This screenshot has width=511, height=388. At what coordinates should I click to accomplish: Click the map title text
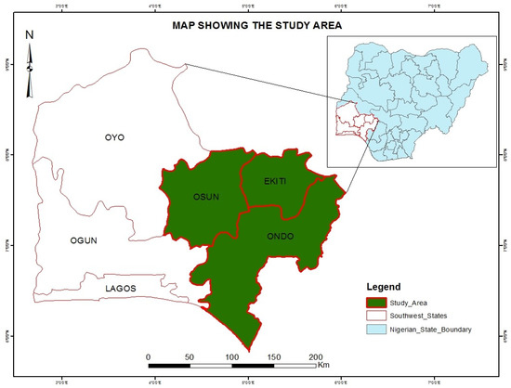257,26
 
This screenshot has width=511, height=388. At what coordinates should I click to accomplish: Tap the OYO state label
114,137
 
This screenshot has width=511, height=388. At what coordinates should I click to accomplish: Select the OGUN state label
84,240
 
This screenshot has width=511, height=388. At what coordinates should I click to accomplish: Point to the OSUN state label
193,197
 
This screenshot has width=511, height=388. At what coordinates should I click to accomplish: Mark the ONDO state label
280,236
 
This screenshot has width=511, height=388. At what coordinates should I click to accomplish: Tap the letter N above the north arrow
30,35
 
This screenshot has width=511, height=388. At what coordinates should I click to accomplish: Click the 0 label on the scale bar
149,356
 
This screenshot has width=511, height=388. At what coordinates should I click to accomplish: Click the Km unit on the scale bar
324,365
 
